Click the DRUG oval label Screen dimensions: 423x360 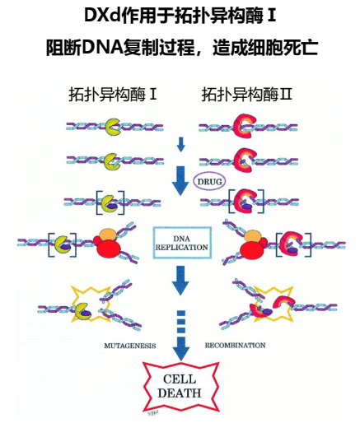click(209, 181)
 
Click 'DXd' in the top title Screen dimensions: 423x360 click(102, 16)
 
